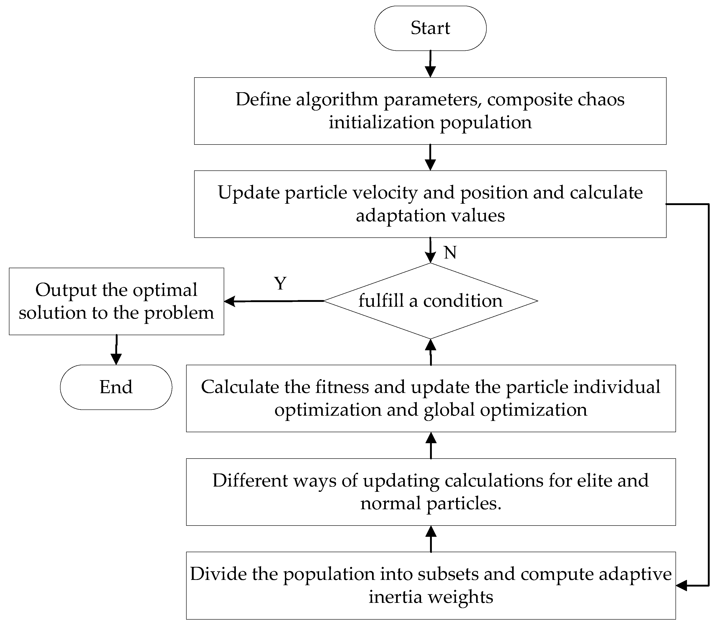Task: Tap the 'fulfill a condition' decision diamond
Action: coord(430,301)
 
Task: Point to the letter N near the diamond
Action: coord(450,252)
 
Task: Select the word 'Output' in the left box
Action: coord(66,290)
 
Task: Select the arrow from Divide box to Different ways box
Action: coord(431,539)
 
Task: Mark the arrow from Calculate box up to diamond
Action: coord(431,352)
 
